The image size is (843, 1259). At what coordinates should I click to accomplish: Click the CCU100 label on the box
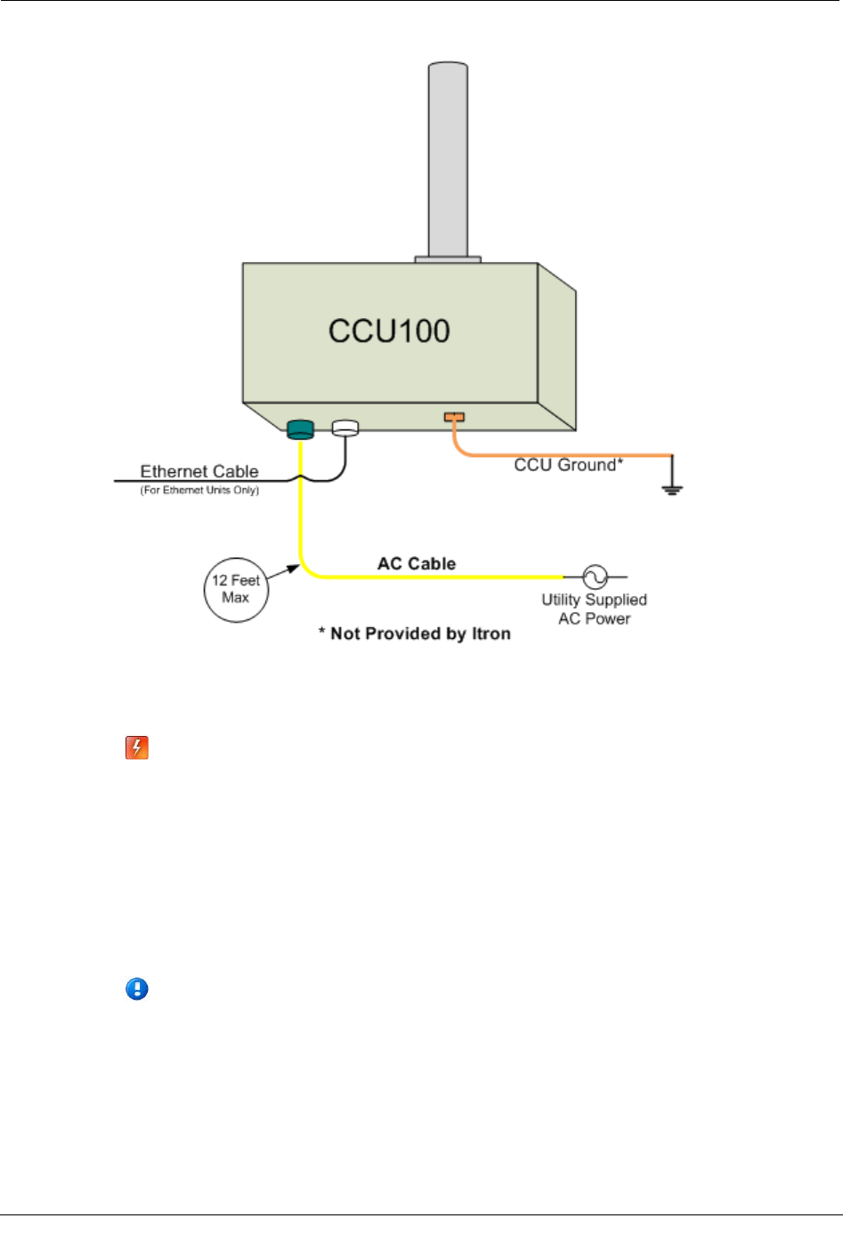389,331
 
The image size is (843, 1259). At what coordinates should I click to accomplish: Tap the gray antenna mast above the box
448,160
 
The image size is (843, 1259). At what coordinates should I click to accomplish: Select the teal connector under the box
301,429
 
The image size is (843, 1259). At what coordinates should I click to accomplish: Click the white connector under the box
344,429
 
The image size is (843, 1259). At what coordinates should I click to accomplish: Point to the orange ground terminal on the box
454,416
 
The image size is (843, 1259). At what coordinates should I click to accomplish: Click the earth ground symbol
672,485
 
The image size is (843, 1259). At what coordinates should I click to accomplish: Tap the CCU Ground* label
568,465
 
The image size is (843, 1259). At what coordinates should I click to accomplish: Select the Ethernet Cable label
199,471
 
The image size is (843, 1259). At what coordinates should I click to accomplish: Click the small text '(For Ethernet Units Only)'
199,490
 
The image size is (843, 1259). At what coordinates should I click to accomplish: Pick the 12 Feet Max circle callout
236,589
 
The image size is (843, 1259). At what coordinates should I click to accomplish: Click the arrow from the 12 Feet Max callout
283,572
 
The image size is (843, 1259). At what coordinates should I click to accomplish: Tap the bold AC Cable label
417,564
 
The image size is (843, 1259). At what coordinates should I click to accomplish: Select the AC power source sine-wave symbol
595,577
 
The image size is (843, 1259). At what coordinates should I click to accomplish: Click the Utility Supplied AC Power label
594,609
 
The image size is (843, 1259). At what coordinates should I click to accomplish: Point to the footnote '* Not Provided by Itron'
415,634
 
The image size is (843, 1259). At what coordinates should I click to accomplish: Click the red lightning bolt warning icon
136,748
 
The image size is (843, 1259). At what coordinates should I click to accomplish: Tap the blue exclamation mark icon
137,989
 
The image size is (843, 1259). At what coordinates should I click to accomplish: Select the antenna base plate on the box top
448,259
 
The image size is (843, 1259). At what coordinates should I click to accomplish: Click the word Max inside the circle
236,598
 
